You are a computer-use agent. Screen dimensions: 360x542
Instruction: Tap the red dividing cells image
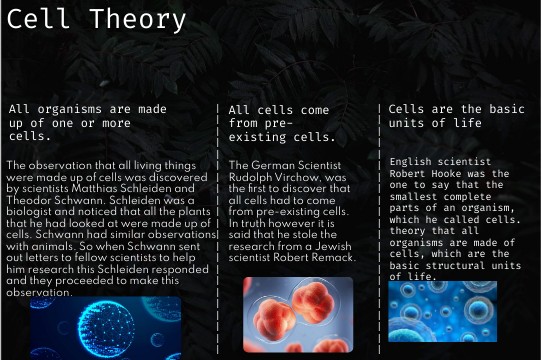[x=298, y=315]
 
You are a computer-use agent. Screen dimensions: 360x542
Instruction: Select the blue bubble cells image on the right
[x=443, y=311]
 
